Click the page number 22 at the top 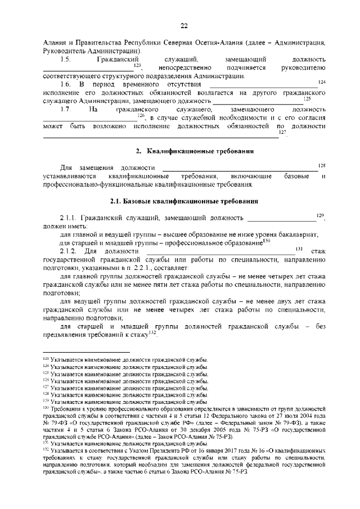183,25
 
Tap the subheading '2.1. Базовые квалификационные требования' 184,201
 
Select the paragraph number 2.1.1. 69,218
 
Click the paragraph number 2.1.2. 69,250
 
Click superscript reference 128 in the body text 322,165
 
